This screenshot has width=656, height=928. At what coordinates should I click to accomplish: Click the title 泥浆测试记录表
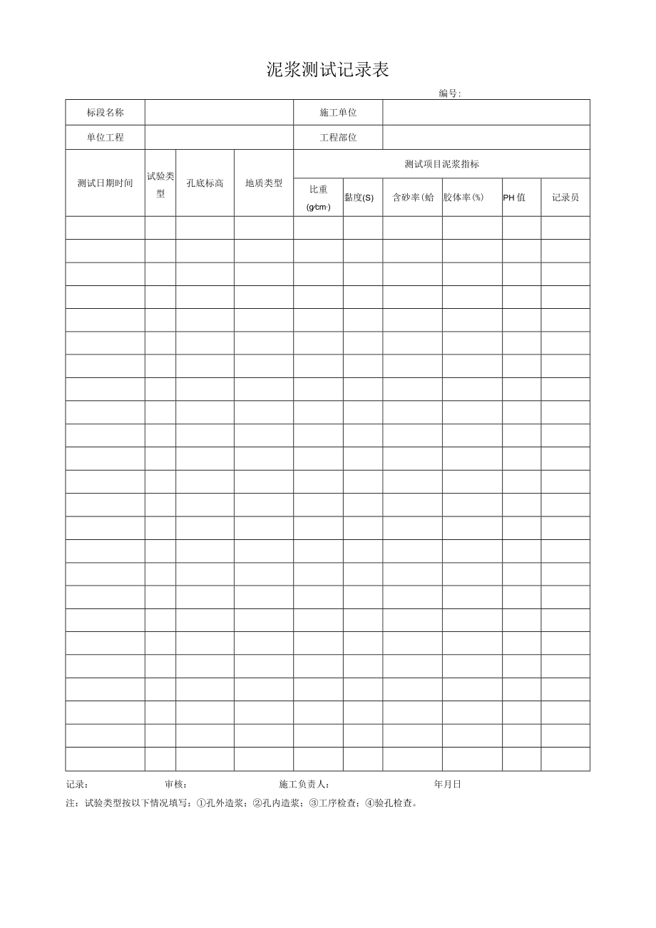[x=328, y=70]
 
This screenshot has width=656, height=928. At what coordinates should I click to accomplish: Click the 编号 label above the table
[x=450, y=93]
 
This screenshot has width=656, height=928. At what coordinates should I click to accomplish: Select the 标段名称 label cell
[x=106, y=113]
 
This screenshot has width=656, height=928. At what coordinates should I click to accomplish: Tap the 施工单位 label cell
[x=338, y=113]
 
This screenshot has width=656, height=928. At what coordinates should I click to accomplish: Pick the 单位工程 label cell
[x=106, y=138]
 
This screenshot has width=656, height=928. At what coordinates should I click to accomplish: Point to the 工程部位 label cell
[x=338, y=138]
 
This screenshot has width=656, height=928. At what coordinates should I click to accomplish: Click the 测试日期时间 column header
[x=106, y=183]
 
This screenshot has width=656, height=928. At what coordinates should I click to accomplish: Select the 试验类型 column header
[x=160, y=185]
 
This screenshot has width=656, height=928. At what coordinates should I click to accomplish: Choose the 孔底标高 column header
[x=205, y=183]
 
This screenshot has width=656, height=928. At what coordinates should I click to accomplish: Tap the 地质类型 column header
[x=264, y=183]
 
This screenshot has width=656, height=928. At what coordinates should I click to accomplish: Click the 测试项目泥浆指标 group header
[x=441, y=164]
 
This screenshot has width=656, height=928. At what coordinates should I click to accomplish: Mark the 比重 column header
[x=318, y=198]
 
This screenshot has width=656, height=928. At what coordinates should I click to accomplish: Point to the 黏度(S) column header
[x=359, y=198]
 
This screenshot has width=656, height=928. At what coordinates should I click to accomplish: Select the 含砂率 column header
[x=413, y=198]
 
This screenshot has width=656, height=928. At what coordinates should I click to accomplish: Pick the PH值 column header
[x=514, y=198]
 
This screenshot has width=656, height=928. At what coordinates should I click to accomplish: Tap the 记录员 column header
[x=565, y=198]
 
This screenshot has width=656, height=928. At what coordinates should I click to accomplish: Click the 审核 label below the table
[x=176, y=785]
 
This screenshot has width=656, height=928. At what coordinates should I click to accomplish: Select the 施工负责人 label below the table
[x=304, y=785]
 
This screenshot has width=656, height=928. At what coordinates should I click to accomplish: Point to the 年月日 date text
[x=448, y=785]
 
